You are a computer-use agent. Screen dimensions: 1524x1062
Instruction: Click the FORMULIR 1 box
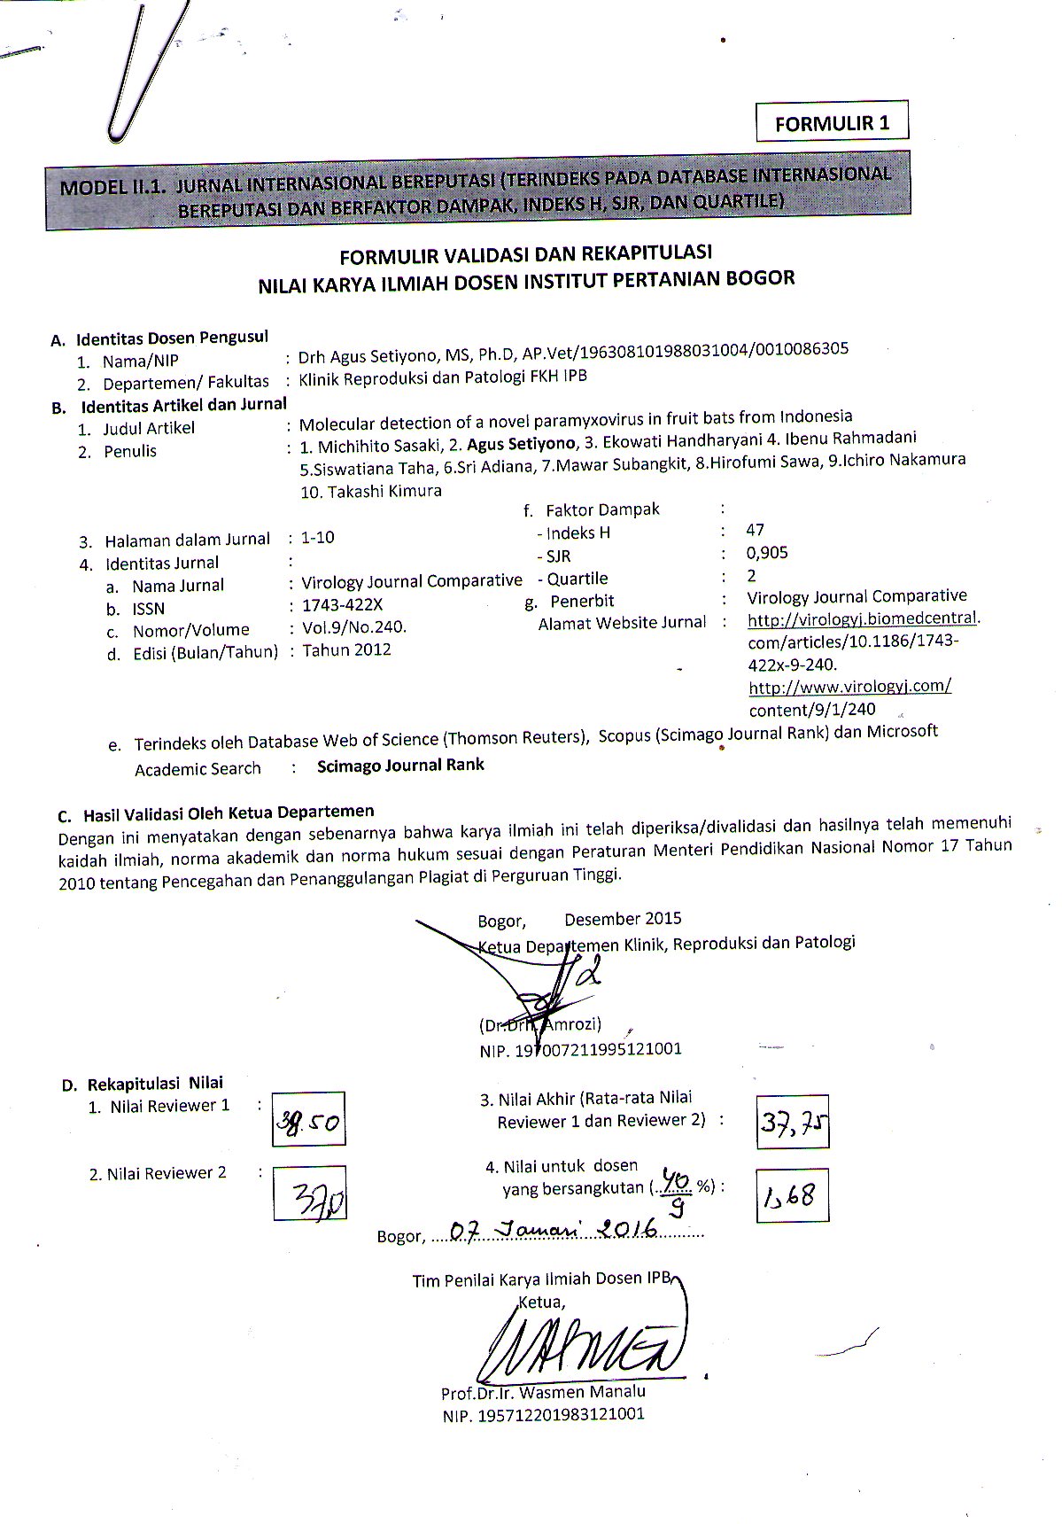(832, 122)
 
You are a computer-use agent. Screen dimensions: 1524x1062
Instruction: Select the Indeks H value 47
(756, 530)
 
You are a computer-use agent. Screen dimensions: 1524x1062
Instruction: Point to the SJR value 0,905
(767, 553)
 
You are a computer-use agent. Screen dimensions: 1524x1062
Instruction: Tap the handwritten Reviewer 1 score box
(308, 1119)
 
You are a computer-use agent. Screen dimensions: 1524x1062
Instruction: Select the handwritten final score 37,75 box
(793, 1123)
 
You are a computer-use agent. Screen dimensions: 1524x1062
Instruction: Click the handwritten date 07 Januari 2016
(552, 1231)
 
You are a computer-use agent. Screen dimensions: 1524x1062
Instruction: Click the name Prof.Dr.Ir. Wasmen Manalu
(543, 1392)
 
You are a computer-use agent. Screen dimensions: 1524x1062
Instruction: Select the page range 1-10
(318, 538)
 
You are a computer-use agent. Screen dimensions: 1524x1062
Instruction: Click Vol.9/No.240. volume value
(354, 627)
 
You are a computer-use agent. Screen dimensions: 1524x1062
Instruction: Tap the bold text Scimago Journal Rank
(400, 765)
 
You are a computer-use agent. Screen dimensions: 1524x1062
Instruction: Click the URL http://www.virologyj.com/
(849, 686)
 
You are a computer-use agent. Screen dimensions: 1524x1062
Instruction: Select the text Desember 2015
(623, 919)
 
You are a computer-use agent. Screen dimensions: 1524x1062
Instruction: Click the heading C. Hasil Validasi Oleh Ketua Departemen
(216, 813)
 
